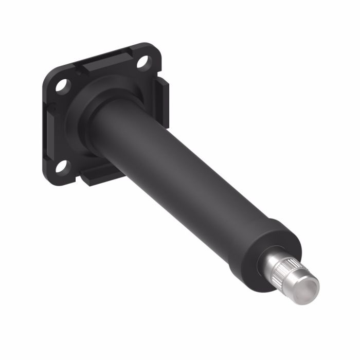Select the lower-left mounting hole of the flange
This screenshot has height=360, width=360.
(x=62, y=166)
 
